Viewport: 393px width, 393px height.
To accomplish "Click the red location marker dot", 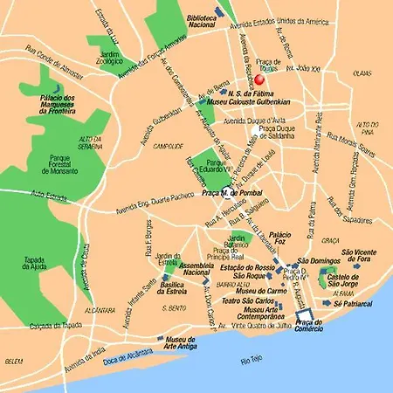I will [259, 79].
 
